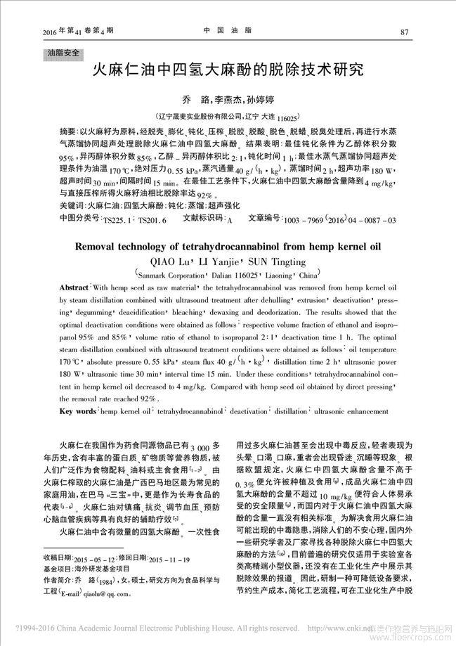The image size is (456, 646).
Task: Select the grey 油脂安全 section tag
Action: (63, 53)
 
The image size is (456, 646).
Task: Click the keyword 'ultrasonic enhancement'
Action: (351, 410)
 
